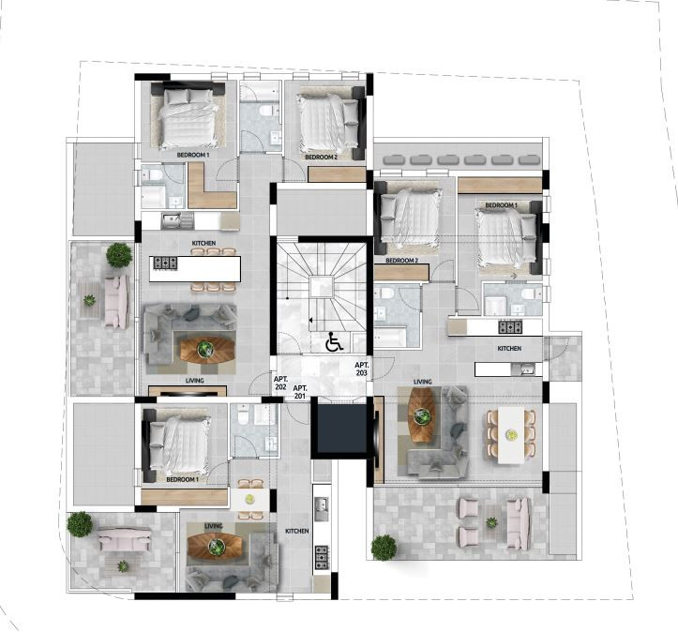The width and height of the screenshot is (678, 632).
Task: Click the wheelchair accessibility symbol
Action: click(x=334, y=341)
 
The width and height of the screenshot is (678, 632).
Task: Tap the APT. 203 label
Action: click(x=361, y=369)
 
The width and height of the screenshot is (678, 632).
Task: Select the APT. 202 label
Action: click(x=280, y=383)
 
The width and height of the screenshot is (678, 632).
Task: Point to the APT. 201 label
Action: click(x=300, y=392)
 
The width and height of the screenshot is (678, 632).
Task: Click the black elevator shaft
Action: click(x=341, y=428)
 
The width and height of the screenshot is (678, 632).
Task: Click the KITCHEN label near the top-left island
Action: click(x=203, y=244)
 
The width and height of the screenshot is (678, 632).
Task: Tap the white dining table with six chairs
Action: click(x=511, y=435)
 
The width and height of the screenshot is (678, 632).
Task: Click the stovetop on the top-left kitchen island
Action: click(x=166, y=263)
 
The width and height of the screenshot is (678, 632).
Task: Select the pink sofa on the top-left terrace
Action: click(x=116, y=301)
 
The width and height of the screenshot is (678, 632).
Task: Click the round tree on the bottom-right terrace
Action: click(x=384, y=548)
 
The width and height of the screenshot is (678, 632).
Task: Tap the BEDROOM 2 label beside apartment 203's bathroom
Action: click(x=401, y=261)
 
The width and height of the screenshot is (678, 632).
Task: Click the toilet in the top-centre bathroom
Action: click(x=264, y=111)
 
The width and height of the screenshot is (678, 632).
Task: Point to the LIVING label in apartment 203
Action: click(x=422, y=383)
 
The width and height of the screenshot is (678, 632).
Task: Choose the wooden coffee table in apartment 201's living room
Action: click(x=215, y=547)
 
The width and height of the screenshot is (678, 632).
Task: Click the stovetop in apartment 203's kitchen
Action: click(x=510, y=326)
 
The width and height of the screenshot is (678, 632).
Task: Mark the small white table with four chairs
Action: click(x=249, y=499)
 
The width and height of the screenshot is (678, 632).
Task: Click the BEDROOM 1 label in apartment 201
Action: click(x=182, y=480)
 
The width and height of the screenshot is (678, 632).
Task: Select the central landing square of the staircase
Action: click(x=322, y=287)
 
